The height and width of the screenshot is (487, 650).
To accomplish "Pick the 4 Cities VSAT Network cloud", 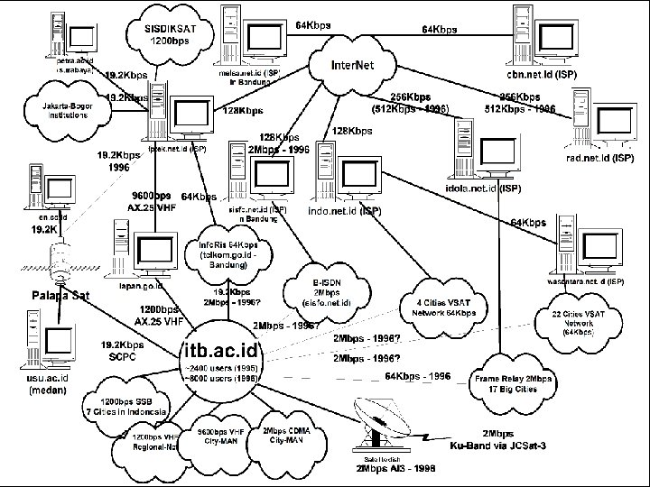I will click(x=439, y=307).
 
